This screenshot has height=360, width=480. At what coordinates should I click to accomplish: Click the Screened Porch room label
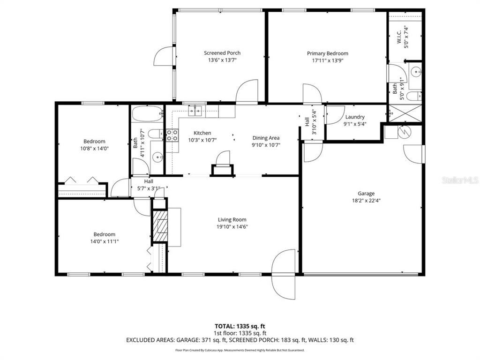pyautogui.click(x=222, y=53)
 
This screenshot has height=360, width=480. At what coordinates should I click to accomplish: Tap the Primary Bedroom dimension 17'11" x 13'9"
pyautogui.click(x=327, y=60)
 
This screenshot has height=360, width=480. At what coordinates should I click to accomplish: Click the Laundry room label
pyautogui.click(x=354, y=117)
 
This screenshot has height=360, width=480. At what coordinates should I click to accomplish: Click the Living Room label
pyautogui.click(x=232, y=219)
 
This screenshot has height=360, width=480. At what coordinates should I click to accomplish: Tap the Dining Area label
pyautogui.click(x=266, y=138)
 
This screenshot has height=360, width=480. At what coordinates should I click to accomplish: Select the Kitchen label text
pyautogui.click(x=202, y=133)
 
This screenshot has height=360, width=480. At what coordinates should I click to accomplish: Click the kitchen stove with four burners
pyautogui.click(x=172, y=135)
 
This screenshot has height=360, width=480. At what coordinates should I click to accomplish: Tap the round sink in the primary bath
pyautogui.click(x=416, y=73)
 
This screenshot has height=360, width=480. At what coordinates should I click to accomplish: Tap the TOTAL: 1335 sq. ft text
pyautogui.click(x=240, y=326)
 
